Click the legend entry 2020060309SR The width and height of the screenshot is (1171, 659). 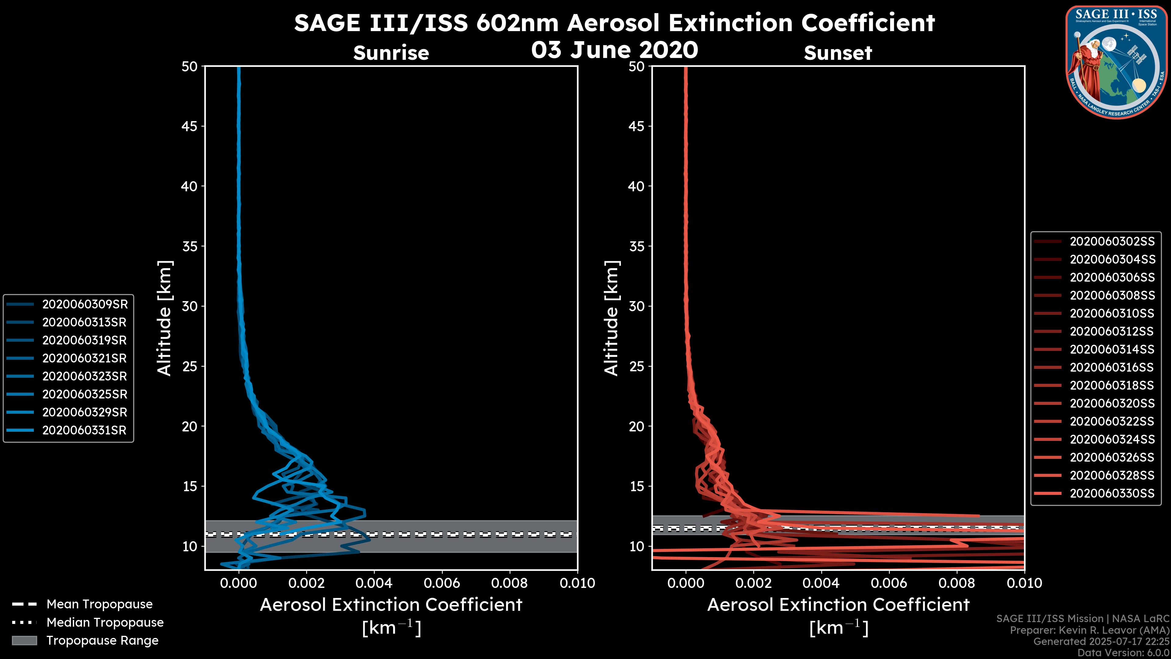84,304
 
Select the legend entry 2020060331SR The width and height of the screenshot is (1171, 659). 84,430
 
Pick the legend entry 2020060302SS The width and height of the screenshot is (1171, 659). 1112,242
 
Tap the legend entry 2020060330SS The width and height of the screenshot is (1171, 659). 1112,493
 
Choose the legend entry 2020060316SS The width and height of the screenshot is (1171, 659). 1112,367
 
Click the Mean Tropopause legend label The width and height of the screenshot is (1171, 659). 99,604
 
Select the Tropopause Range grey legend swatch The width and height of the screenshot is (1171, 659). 24,640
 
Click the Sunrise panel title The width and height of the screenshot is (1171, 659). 391,53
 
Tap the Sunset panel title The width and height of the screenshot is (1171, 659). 838,53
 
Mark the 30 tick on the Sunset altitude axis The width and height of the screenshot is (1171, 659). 636,306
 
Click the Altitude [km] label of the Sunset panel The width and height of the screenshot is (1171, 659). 611,318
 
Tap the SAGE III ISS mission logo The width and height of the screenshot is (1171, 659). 1116,62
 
